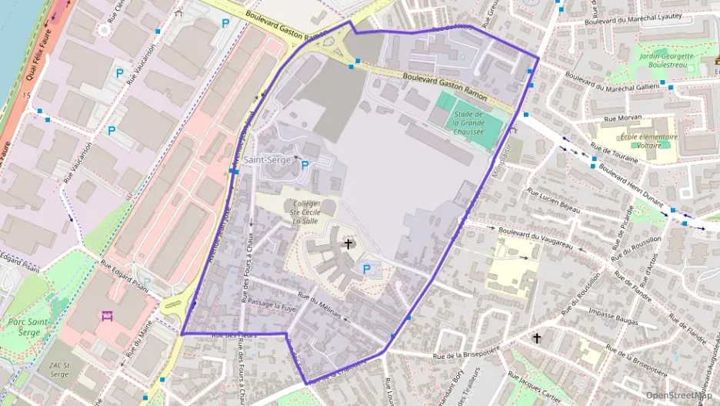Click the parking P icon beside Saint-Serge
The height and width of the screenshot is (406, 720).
tap(305, 165)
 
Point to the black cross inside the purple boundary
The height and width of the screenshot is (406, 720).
tap(348, 243)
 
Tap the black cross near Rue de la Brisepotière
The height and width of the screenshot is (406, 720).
tap(537, 338)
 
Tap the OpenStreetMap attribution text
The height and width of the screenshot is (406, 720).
tap(678, 395)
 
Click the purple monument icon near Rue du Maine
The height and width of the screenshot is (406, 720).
tap(106, 316)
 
